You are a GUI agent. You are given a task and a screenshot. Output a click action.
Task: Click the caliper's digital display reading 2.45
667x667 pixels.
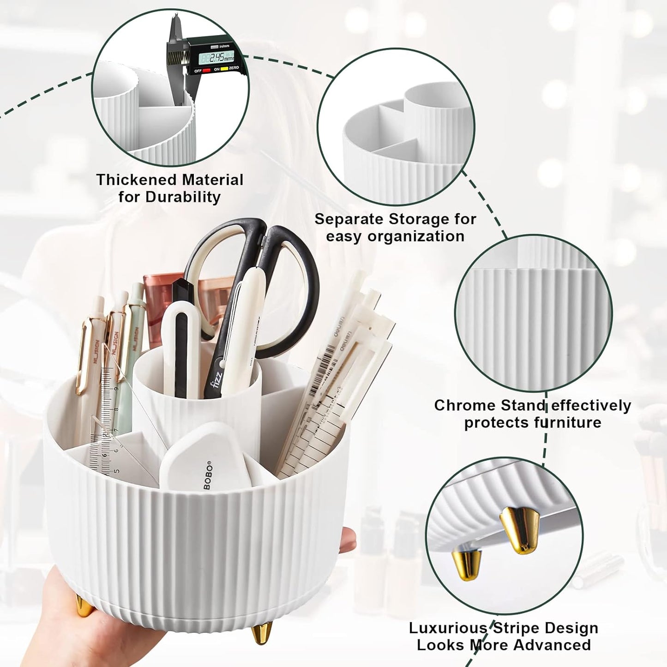pos(216,57)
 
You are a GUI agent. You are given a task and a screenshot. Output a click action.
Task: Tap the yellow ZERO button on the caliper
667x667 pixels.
pos(224,69)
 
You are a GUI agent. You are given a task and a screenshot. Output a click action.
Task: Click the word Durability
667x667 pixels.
pos(183,197)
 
